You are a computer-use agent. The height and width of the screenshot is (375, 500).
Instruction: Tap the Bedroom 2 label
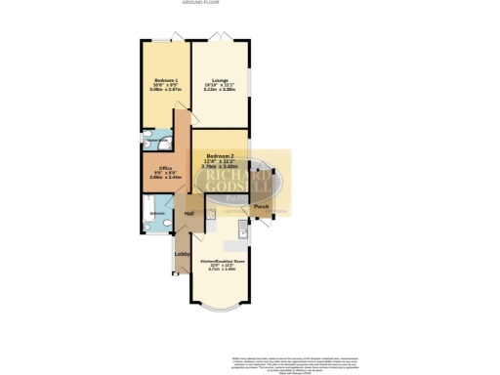click(x=220, y=156)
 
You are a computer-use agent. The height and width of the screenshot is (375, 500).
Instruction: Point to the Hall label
click(x=188, y=213)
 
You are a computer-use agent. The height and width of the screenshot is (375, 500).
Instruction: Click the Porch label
click(x=261, y=208)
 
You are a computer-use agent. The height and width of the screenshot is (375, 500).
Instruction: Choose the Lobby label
click(x=182, y=254)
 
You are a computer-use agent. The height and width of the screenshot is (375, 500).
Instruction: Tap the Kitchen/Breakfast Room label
click(x=221, y=262)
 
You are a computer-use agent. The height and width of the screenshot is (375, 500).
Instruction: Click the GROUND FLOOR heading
click(x=199, y=3)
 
